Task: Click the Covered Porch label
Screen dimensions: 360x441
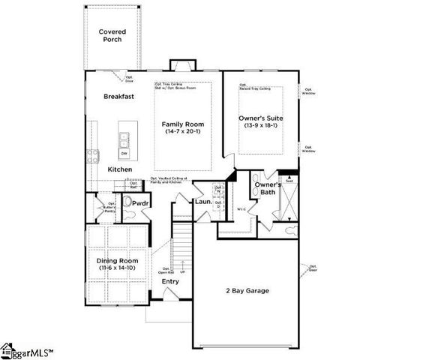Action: click(x=113, y=35)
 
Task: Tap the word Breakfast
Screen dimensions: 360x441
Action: click(x=118, y=97)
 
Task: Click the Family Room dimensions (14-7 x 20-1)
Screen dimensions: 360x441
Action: click(x=184, y=132)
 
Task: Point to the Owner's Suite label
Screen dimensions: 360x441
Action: click(x=260, y=118)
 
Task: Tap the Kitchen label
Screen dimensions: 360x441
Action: click(x=119, y=169)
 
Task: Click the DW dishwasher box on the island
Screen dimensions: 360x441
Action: click(x=124, y=154)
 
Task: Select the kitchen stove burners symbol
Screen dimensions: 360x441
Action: click(x=93, y=156)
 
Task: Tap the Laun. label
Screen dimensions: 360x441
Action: click(x=203, y=202)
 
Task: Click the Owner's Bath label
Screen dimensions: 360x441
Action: click(x=268, y=189)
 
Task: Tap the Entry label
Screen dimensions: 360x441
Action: click(x=172, y=282)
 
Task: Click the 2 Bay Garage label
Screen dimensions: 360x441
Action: click(x=247, y=291)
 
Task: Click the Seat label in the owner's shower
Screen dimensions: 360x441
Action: click(x=289, y=180)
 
